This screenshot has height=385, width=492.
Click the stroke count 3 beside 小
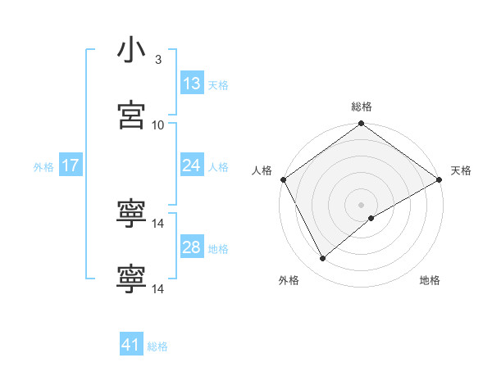point(158,60)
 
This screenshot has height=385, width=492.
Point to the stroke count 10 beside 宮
point(158,125)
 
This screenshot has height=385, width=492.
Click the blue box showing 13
point(192,84)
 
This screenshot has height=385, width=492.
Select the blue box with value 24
point(192,165)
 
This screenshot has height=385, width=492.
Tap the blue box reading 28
point(192,247)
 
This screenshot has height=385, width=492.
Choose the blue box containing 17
point(70,165)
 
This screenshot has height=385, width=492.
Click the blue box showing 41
point(131,345)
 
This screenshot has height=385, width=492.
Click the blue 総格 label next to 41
point(157,346)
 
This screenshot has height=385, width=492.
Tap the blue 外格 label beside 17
point(43,167)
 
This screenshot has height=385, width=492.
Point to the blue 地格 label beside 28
point(218,249)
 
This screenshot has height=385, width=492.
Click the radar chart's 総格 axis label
point(361,106)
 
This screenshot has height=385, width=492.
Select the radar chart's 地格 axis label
point(430,281)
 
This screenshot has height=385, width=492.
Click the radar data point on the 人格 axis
point(283,179)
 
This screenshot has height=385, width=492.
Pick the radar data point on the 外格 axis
point(323,259)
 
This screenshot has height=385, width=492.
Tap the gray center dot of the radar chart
point(361,204)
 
